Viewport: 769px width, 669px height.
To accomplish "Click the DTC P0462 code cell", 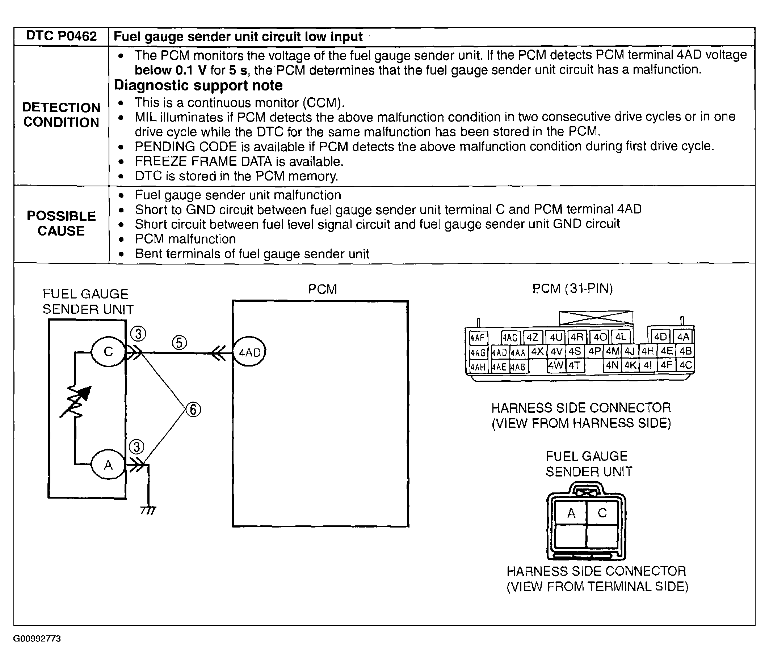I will coord(61,36).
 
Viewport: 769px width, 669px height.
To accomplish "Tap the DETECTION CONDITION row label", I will coord(61,115).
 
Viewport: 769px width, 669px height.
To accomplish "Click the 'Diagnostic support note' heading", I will coord(198,85).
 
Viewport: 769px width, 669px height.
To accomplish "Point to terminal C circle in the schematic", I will coord(108,352).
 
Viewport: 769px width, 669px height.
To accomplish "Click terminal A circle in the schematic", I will coord(108,465).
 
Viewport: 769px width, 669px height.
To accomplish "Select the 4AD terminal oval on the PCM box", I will coord(249,352).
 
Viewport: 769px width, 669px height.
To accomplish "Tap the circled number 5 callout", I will coord(179,343).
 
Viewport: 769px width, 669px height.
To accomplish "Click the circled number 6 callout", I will coord(193,410).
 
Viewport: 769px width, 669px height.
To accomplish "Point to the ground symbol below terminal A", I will coord(148,510).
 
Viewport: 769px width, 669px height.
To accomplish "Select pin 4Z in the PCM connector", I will coord(533,338).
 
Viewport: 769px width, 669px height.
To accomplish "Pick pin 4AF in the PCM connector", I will coord(478,338).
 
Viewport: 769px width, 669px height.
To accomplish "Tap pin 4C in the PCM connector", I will coord(686,365).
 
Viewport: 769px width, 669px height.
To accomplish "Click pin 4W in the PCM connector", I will coord(556,365).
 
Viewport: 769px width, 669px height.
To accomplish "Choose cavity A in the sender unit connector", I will coord(571,513).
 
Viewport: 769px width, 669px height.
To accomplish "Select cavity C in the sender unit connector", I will coord(602,513).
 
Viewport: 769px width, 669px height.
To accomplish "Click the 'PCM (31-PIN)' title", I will coord(572,289).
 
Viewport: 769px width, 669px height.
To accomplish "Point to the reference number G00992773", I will coord(37,638).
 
